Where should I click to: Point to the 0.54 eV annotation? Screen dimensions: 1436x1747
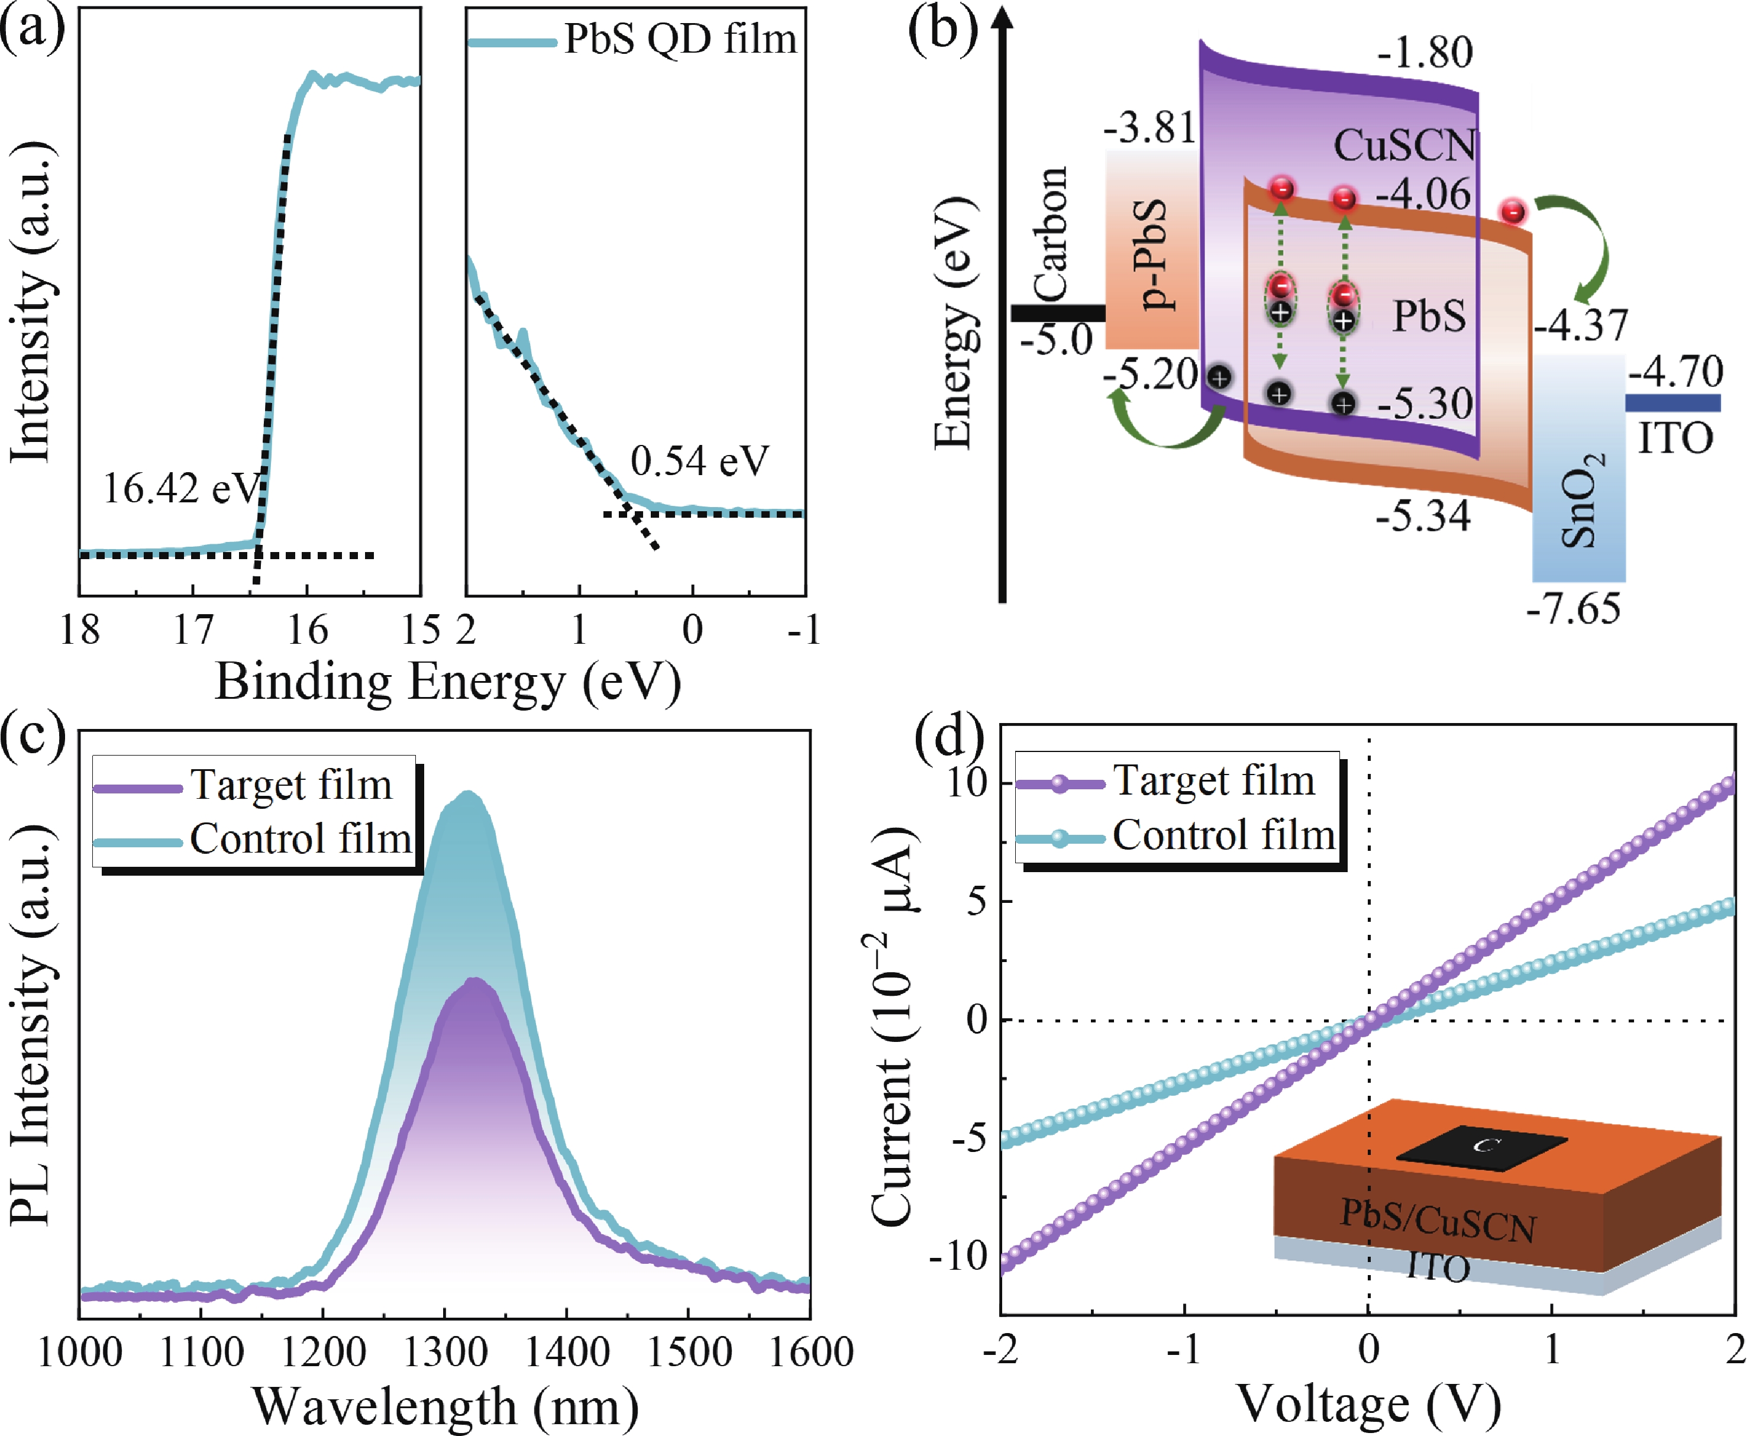[x=699, y=461]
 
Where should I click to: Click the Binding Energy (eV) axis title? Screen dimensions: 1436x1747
[x=447, y=683]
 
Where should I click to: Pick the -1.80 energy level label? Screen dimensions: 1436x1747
[x=1425, y=53]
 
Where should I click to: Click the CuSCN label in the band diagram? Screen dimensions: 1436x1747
[x=1404, y=146]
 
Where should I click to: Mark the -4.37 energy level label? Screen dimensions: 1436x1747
[x=1581, y=324]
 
